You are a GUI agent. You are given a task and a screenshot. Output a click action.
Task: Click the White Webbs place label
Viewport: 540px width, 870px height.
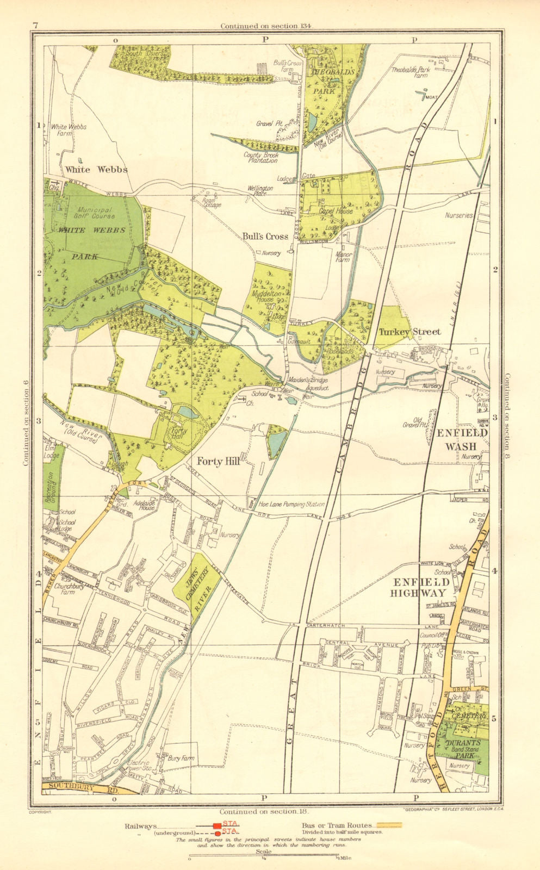[96, 169]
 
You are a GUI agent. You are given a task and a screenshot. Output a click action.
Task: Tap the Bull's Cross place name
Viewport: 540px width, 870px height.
[265, 236]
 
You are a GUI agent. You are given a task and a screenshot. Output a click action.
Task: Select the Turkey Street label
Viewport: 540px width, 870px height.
[409, 332]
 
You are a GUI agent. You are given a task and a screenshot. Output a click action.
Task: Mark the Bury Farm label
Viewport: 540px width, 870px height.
[181, 757]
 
